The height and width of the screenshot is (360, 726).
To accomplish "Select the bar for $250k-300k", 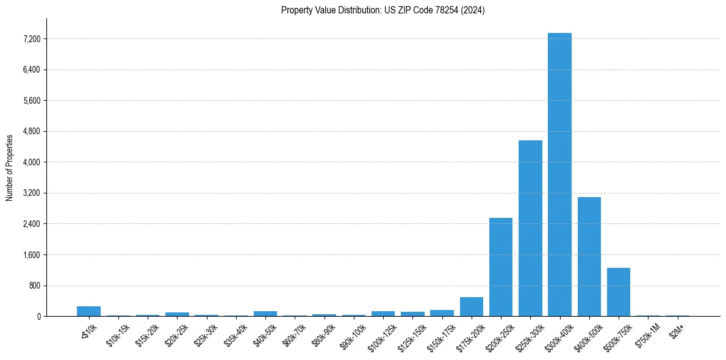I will point(530,228).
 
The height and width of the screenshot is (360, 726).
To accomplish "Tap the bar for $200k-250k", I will point(501,267).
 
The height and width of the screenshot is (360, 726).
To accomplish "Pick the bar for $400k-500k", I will point(589,256).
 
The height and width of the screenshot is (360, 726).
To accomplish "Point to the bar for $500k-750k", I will point(618,292).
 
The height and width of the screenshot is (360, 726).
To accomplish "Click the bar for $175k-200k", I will point(472,307).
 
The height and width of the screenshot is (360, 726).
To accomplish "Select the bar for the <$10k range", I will point(88,311).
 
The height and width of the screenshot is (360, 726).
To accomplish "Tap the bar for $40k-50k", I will point(265,314).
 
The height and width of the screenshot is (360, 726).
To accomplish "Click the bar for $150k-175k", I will point(442,313).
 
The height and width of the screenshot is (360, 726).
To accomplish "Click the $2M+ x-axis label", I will point(677,330).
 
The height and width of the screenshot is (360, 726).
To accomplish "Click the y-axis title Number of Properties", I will point(9,167).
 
